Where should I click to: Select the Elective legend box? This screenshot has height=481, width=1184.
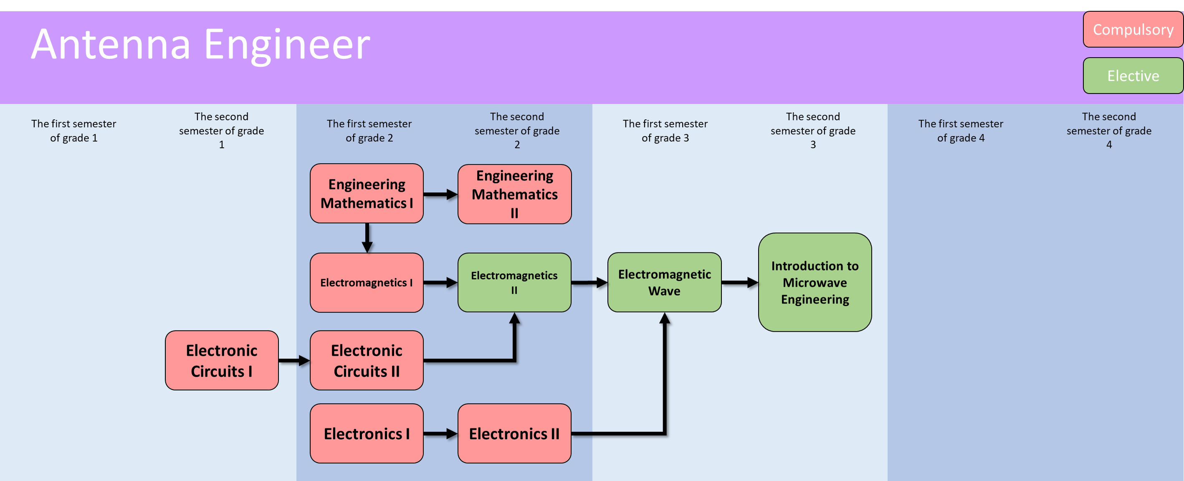pyautogui.click(x=1133, y=76)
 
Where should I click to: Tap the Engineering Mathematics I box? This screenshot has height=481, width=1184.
pyautogui.click(x=367, y=194)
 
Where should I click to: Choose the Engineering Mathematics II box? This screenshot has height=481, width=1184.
pyautogui.click(x=514, y=194)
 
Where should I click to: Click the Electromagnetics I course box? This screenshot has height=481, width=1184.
pyautogui.click(x=367, y=282)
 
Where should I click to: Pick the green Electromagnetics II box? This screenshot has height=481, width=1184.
pyautogui.click(x=514, y=282)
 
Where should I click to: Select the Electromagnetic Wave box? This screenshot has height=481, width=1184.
pyautogui.click(x=664, y=282)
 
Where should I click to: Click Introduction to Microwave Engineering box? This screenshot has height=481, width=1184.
pyautogui.click(x=815, y=282)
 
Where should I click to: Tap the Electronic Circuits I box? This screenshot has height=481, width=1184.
pyautogui.click(x=222, y=360)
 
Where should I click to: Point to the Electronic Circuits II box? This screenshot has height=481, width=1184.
pyautogui.click(x=367, y=360)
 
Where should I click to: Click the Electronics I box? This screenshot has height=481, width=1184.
pyautogui.click(x=367, y=434)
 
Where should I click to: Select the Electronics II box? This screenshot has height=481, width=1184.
pyautogui.click(x=514, y=434)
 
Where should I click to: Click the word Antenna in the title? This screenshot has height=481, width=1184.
pyautogui.click(x=111, y=45)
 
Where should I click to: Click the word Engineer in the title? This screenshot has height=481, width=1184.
pyautogui.click(x=287, y=45)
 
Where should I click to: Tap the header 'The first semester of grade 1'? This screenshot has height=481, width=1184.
pyautogui.click(x=73, y=131)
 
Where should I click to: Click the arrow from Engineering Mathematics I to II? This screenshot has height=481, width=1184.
pyautogui.click(x=440, y=194)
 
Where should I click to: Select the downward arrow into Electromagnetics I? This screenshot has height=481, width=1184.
pyautogui.click(x=367, y=238)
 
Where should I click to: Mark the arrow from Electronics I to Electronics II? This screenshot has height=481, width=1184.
pyautogui.click(x=440, y=434)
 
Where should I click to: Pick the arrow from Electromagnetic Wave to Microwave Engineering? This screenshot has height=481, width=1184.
pyautogui.click(x=739, y=282)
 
